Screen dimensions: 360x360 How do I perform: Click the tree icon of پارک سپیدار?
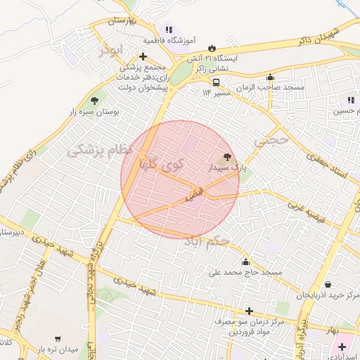tap(226, 157)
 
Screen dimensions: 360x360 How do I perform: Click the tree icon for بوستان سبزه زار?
tap(94, 101)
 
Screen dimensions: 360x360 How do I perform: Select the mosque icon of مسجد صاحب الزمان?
tap(271, 77)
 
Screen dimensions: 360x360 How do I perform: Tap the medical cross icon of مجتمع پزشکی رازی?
tap(143, 56)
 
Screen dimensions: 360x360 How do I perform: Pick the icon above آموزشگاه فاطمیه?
tap(168, 30)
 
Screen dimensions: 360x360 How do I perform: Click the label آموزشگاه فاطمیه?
tap(168, 41)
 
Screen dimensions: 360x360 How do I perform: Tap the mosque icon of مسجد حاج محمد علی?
tap(245, 262)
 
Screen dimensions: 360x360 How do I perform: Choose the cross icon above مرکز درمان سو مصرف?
tap(248, 310)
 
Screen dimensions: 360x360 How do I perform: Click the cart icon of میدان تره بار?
tap(57, 339)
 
